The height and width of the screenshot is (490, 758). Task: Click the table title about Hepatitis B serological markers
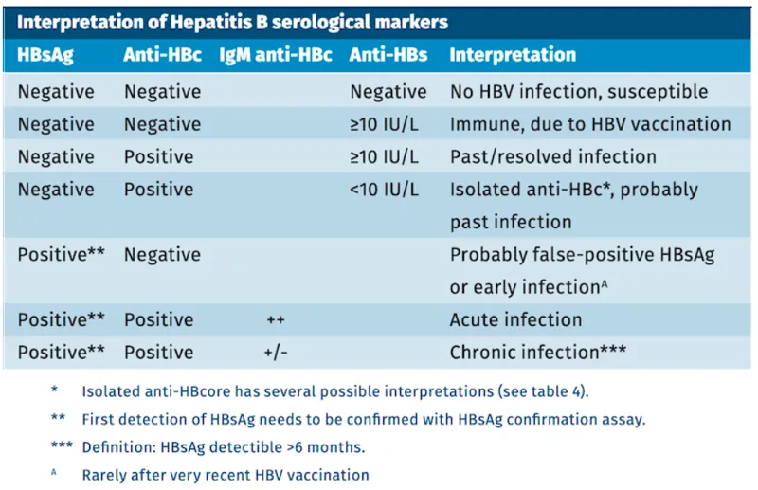(x=232, y=20)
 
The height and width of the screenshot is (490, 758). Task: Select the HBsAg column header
(x=45, y=55)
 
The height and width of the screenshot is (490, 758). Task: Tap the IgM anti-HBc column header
(x=276, y=55)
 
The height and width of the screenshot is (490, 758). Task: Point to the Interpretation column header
(x=512, y=55)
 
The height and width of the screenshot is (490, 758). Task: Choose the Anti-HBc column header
(x=162, y=55)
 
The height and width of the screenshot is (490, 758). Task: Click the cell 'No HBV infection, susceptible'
(x=579, y=92)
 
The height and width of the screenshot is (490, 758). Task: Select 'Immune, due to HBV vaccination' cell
(x=589, y=124)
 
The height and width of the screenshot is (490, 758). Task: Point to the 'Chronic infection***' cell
(x=536, y=353)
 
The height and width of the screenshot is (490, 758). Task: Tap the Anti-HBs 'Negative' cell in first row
(x=388, y=92)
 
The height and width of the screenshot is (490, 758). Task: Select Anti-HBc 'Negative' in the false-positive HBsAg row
(x=162, y=255)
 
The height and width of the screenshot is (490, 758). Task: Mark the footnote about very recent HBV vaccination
(x=226, y=474)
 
